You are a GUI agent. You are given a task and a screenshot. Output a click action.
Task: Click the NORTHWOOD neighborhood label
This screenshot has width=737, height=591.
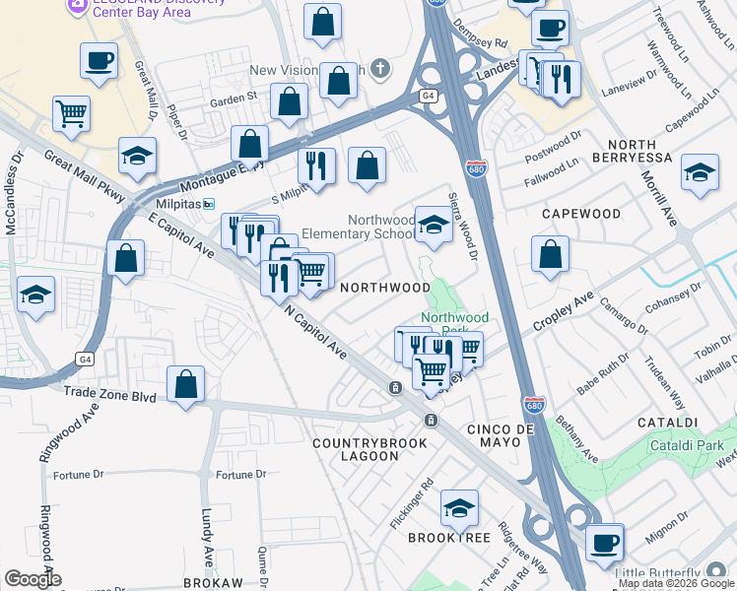(385, 288)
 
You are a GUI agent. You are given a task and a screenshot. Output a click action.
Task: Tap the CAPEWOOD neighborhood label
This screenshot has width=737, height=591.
(581, 214)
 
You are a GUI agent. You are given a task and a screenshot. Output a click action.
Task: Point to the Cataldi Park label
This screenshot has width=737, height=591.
(688, 446)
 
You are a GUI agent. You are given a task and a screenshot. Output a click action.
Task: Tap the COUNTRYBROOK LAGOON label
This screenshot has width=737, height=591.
(369, 449)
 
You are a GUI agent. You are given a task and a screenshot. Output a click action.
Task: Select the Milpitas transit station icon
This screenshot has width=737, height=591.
(209, 204)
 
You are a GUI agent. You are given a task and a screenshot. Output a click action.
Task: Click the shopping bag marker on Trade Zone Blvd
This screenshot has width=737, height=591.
(185, 385)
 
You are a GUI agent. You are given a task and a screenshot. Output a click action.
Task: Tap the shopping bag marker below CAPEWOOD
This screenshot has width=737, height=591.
(550, 255)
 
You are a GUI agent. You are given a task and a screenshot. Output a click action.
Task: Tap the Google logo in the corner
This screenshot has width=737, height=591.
(33, 579)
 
